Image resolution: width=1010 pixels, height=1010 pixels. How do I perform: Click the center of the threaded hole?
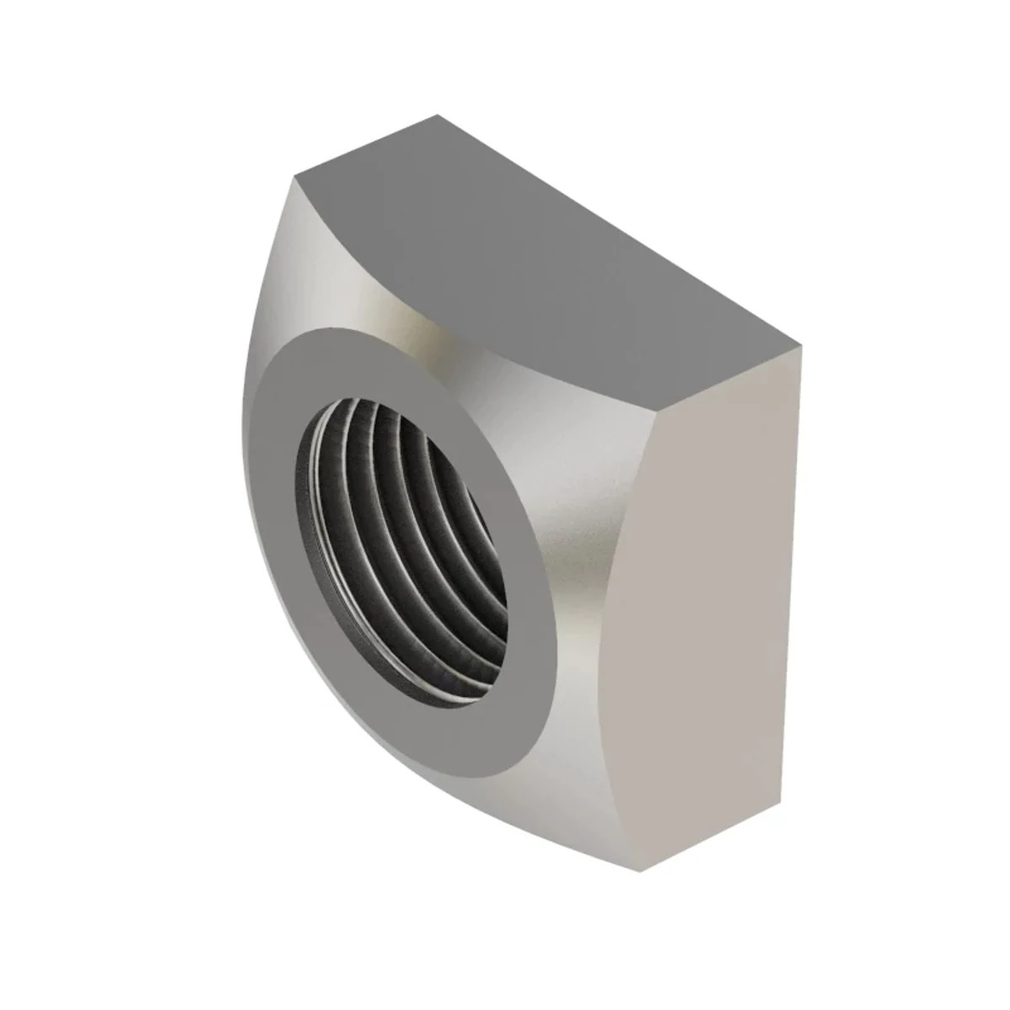coord(402,539)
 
